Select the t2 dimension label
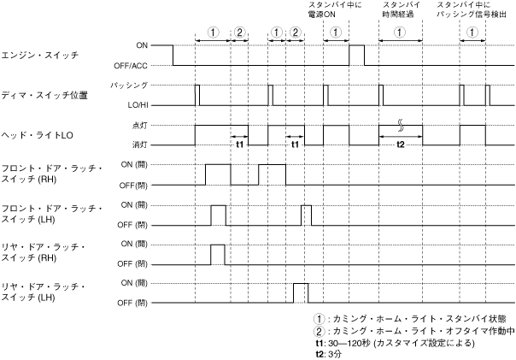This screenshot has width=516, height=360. pyautogui.click(x=401, y=145)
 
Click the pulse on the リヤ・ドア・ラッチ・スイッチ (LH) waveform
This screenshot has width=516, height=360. pyautogui.click(x=300, y=292)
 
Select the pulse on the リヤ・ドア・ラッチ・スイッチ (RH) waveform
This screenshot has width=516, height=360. pyautogui.click(x=218, y=253)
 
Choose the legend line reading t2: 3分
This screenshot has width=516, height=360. pyautogui.click(x=328, y=353)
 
